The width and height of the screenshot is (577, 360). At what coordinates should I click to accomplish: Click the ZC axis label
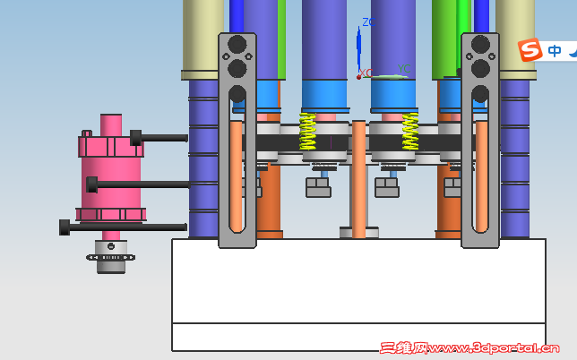tap(369, 22)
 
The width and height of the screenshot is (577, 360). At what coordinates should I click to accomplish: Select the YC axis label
tap(404, 69)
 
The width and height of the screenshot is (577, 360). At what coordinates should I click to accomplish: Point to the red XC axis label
tap(366, 73)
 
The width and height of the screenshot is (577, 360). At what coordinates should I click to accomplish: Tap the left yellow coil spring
tap(307, 132)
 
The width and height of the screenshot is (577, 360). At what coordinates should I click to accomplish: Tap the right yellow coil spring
tap(410, 132)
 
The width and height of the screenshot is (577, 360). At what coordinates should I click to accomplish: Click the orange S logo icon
tap(530, 49)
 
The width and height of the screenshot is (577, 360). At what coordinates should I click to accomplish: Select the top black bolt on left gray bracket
tap(237, 44)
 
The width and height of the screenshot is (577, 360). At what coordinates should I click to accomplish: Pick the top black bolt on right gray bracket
tap(480, 44)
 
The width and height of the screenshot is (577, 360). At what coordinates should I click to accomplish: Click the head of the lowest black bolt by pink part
tap(65, 227)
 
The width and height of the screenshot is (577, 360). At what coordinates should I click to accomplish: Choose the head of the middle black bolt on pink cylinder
tap(91, 184)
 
